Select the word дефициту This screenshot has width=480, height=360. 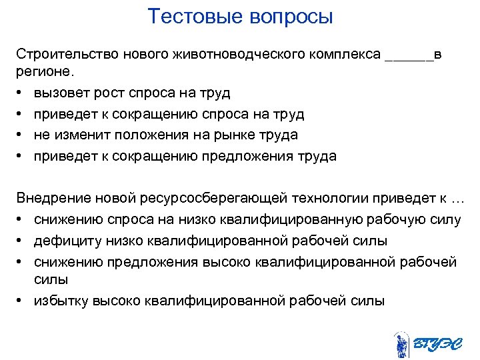pos(64,241)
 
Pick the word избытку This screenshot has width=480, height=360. pos(61,301)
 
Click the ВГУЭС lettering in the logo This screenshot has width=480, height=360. pos(435,344)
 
